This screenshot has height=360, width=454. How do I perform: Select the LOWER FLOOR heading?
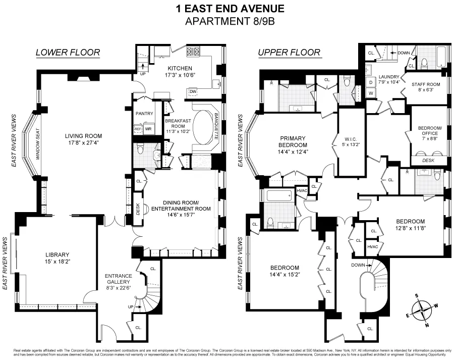68,53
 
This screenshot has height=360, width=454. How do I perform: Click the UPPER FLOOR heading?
289,53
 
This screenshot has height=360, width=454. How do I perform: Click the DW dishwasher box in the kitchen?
193,91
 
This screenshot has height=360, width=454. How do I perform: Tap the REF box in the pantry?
138,129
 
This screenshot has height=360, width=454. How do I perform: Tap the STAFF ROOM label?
426,84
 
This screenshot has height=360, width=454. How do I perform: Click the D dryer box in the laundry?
371,82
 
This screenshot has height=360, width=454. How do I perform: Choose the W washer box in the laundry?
371,93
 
